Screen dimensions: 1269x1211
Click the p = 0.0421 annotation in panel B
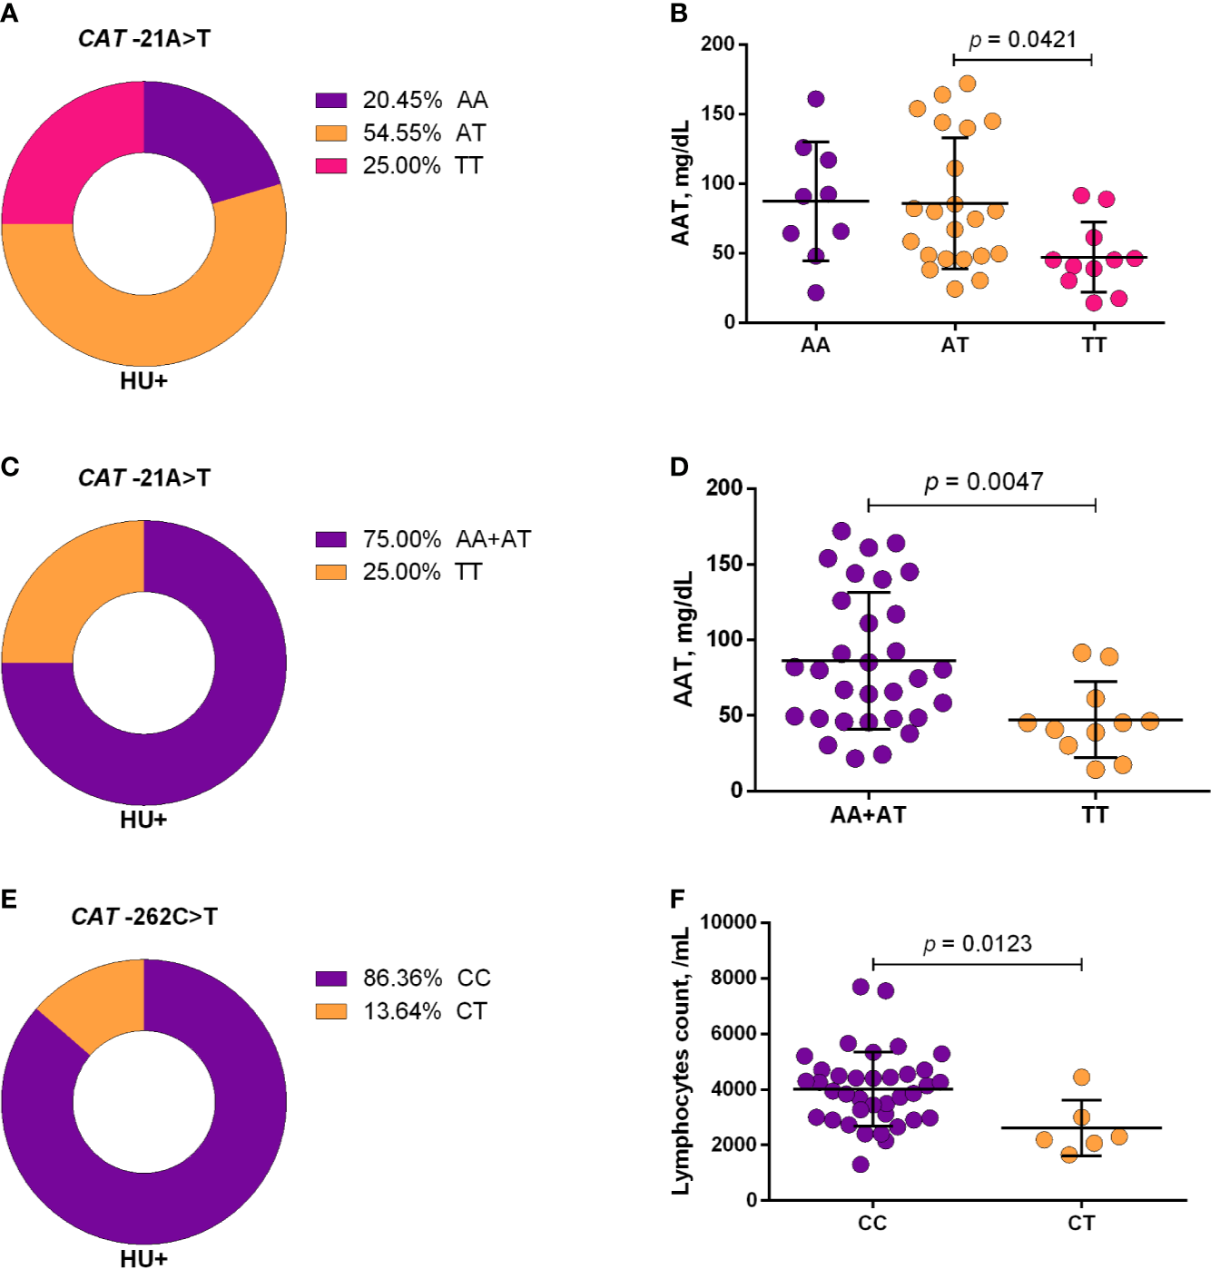click(x=1022, y=40)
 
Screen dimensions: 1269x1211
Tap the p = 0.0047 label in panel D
click(x=983, y=482)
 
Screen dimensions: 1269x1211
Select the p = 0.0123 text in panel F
click(x=977, y=944)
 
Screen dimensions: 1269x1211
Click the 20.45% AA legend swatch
click(x=331, y=100)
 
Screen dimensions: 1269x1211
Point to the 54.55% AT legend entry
click(x=400, y=133)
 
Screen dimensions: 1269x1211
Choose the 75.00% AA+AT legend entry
click(x=422, y=539)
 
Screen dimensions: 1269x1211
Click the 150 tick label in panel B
click(x=717, y=114)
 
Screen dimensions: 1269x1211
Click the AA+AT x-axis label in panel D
click(x=868, y=815)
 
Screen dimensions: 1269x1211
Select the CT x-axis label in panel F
click(x=1080, y=1224)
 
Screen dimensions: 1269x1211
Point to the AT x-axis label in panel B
click(x=954, y=346)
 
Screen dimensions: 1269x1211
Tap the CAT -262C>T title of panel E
click(x=144, y=917)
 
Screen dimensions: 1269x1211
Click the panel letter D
click(x=679, y=467)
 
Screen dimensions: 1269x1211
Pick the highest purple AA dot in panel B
click(x=815, y=99)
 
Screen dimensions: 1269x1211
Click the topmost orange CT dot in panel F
click(x=1081, y=1077)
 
